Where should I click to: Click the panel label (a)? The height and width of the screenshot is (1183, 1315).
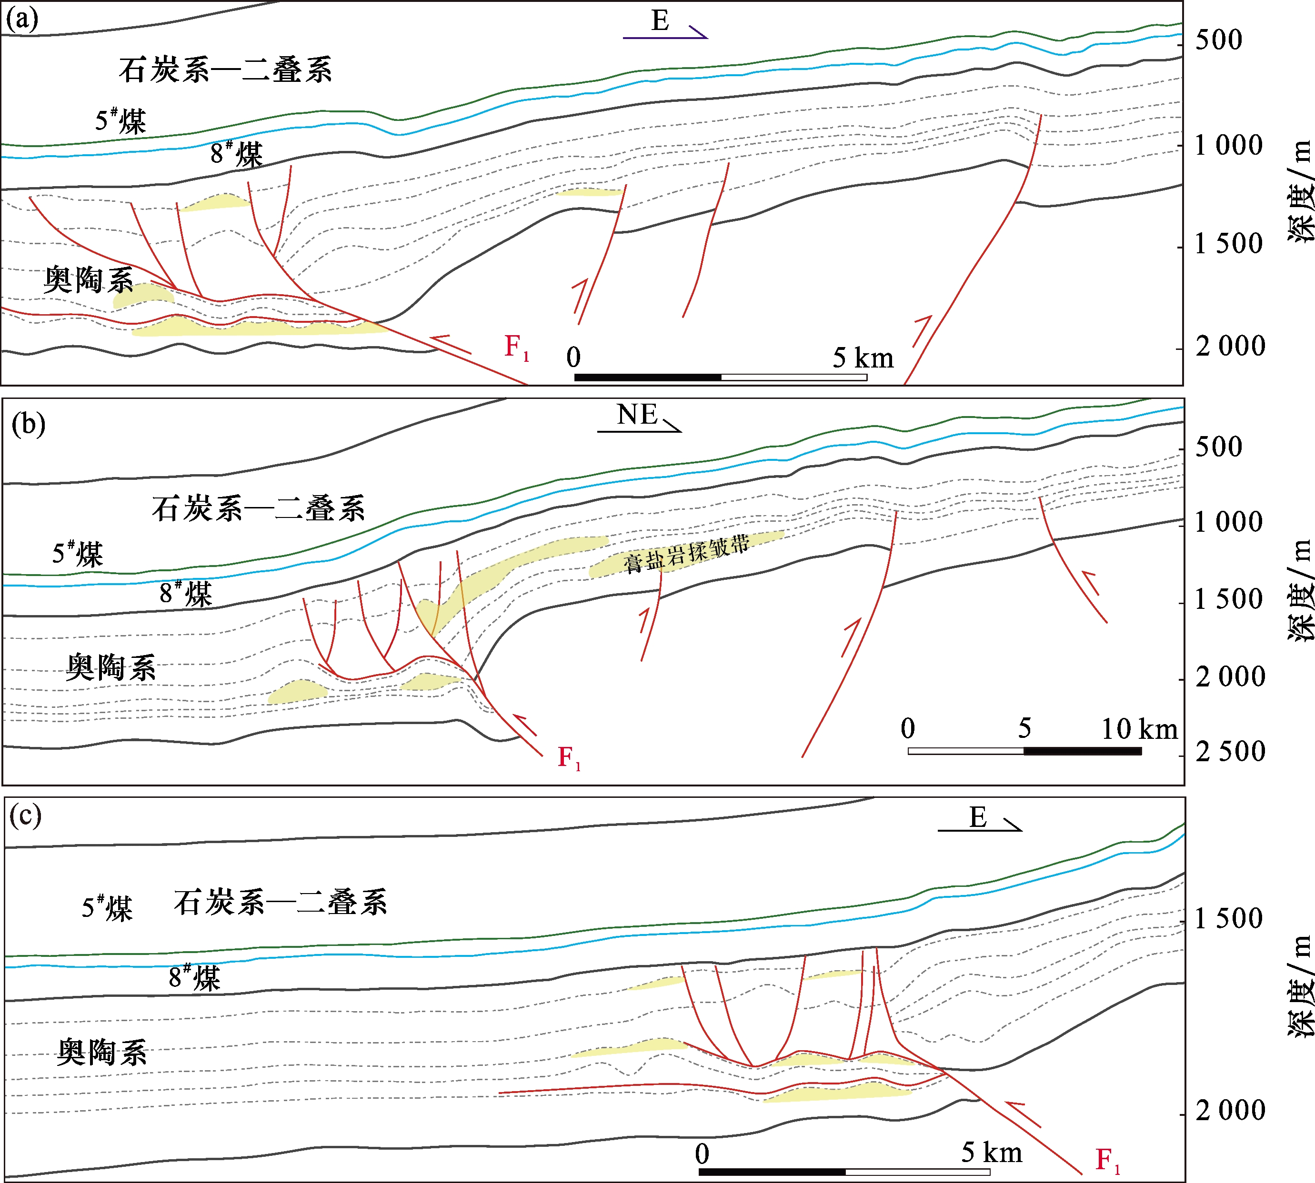point(21,20)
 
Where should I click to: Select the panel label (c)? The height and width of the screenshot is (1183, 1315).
point(25,815)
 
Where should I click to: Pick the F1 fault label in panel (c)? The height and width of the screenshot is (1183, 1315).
point(1107,1160)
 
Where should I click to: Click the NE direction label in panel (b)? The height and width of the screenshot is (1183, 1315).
point(637,415)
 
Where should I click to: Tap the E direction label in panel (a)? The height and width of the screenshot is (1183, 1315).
point(660,21)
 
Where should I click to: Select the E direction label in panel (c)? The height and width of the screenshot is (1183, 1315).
point(977,818)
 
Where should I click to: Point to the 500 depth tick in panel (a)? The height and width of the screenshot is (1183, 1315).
point(1218,40)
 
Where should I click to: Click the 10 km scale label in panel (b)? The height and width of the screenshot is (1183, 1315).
point(1139,729)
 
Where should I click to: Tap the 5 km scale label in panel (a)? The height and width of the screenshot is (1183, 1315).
point(863,358)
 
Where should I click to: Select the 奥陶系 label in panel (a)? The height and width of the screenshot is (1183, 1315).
point(89,280)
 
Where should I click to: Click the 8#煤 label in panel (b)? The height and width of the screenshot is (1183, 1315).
point(186,594)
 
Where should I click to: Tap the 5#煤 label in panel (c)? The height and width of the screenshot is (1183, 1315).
point(107,908)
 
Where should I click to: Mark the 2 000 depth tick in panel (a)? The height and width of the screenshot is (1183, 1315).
point(1230,347)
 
